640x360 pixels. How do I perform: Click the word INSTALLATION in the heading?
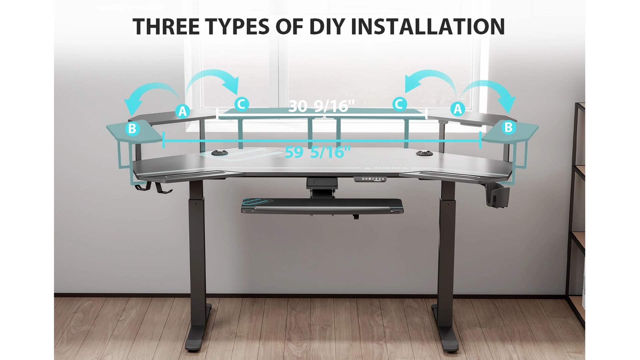point(428,27)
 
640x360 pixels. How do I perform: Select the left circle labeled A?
point(182,111)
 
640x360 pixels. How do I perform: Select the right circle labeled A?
point(457,109)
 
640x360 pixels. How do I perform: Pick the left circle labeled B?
point(132,128)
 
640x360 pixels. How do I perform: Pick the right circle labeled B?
point(508,127)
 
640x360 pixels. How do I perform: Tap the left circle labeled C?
point(241,104)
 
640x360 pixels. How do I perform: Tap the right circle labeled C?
point(399,104)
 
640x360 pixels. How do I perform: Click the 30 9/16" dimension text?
point(321,106)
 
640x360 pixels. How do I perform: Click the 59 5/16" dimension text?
point(318,152)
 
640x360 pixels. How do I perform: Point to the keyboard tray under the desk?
point(322,206)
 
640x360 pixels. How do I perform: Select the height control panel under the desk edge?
point(374,179)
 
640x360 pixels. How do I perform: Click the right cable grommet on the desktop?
point(424,153)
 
